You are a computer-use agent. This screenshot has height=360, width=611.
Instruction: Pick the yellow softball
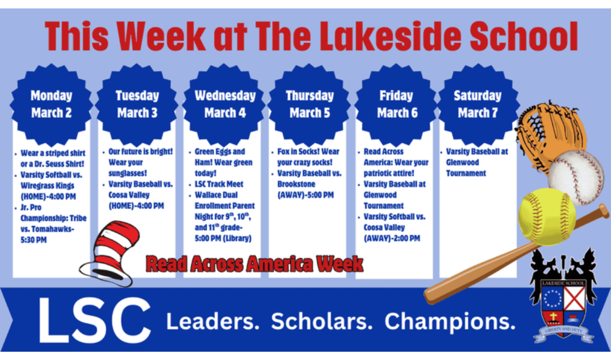coord(547,217)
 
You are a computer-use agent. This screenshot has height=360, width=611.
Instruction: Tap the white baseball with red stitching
coord(576,177)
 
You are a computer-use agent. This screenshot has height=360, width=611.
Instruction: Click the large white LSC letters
coord(94,320)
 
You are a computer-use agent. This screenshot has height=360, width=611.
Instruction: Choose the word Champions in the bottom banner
coord(450,322)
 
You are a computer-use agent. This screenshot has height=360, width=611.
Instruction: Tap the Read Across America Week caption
coord(254,263)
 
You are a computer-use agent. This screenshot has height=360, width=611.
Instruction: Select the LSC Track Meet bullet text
coord(219,184)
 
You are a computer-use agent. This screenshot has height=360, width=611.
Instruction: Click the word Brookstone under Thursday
coord(296,184)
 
